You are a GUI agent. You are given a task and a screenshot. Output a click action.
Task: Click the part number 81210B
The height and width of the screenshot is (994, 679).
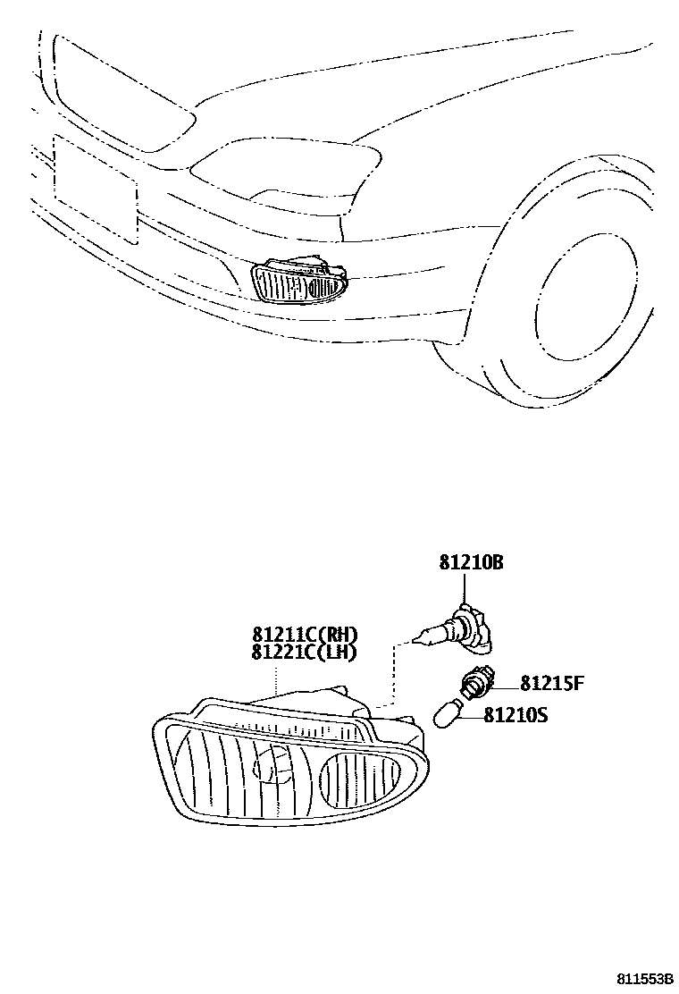coord(471,563)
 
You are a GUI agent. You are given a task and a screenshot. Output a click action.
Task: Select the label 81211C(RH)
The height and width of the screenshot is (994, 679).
coord(305,636)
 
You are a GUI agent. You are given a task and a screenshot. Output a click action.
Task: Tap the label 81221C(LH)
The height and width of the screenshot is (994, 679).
coord(305,653)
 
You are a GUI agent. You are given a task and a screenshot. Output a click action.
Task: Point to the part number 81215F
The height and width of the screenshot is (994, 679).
coord(551,685)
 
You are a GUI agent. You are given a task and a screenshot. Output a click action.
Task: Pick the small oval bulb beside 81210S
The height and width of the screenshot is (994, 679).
coord(448,714)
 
